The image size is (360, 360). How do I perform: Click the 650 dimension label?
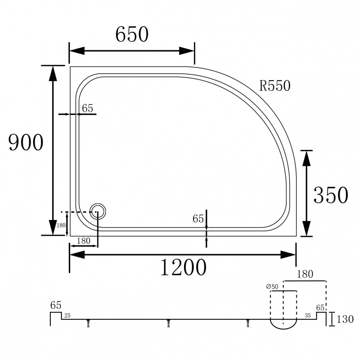(x=132, y=35)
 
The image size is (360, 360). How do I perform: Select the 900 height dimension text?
(x=26, y=143)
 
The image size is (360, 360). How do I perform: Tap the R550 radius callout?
(x=275, y=86)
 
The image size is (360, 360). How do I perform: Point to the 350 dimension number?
(x=330, y=195)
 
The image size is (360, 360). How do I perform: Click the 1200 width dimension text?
(x=183, y=267)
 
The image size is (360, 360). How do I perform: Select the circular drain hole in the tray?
(x=98, y=212)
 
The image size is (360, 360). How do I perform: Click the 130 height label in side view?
(x=345, y=319)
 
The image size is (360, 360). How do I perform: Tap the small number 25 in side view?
(x=67, y=316)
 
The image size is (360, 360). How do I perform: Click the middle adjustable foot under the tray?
(x=168, y=324)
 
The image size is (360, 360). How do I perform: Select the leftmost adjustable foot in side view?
(x=87, y=324)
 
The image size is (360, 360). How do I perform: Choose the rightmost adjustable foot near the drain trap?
(x=248, y=324)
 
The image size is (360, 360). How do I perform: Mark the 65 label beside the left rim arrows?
(x=87, y=108)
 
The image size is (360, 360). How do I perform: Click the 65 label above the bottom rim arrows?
(x=198, y=219)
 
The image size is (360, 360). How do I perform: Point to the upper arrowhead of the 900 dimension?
(x=53, y=74)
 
